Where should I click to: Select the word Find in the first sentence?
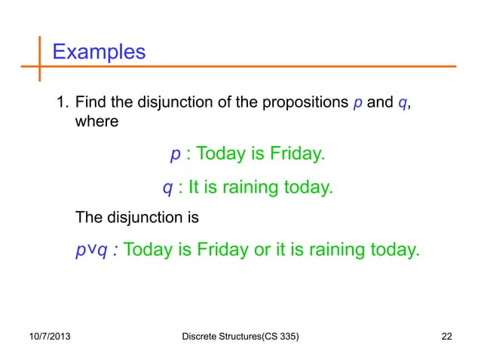click(x=91, y=103)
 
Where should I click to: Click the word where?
click(x=97, y=121)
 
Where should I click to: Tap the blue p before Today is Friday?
click(x=175, y=155)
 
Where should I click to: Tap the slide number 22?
click(x=448, y=335)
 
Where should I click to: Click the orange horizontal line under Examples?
click(x=249, y=68)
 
